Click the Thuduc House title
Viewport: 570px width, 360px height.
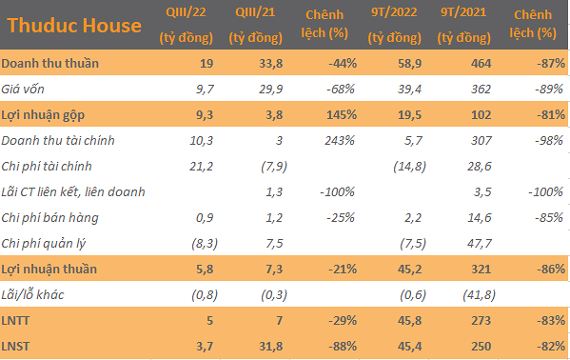click(74, 26)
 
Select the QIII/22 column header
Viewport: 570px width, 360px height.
click(187, 25)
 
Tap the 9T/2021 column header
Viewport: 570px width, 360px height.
click(463, 25)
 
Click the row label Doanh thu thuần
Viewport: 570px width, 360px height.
click(49, 64)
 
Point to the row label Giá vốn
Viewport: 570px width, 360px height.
click(23, 89)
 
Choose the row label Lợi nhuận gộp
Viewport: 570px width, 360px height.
click(43, 115)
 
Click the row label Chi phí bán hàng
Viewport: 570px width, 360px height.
click(49, 218)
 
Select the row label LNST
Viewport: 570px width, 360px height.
click(15, 346)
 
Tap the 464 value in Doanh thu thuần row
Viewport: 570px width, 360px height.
click(481, 64)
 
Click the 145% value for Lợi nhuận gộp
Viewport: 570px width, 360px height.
click(342, 115)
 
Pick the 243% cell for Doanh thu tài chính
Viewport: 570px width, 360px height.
click(340, 141)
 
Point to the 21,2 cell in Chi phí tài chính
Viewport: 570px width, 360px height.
click(201, 167)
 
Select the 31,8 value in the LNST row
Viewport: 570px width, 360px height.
click(271, 346)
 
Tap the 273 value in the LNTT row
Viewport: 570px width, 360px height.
click(481, 321)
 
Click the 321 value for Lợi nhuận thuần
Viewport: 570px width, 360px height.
click(481, 269)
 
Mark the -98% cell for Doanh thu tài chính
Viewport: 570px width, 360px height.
click(549, 141)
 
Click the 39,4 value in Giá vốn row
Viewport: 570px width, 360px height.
click(409, 89)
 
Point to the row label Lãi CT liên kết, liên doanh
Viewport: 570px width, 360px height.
click(73, 191)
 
